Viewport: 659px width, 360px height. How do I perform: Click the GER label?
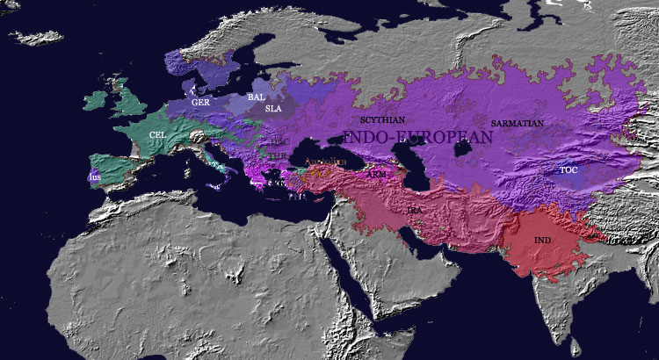[x=199, y=103]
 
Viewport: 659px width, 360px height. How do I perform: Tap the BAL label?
[x=256, y=97]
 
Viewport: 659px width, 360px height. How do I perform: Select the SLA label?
[x=273, y=109]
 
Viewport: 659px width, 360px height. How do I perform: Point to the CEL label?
[x=158, y=134]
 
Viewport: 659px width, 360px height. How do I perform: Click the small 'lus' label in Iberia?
[x=95, y=176]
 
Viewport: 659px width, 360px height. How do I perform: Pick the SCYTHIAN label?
[x=382, y=119]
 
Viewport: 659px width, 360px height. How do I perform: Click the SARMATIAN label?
[x=517, y=123]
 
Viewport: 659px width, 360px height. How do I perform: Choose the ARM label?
[x=376, y=175]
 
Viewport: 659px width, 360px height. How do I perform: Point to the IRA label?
[x=415, y=212]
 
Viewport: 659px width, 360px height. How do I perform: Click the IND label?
[x=543, y=240]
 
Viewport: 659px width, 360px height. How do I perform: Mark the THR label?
[x=277, y=155]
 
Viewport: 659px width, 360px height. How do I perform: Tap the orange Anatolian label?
[x=329, y=164]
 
